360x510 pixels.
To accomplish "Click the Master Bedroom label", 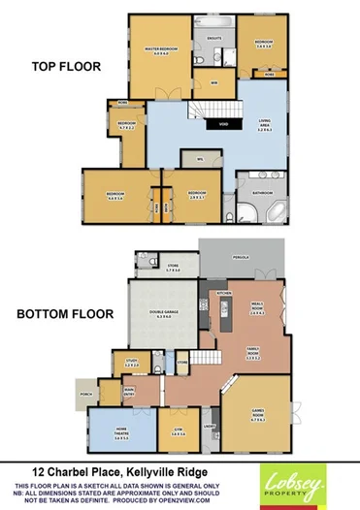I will coord(159,50).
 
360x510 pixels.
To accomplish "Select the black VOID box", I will coord(223,124).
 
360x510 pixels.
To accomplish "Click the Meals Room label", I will coord(257,310).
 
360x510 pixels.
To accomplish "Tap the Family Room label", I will coord(252,355).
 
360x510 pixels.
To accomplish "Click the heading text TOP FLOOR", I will coord(60,67).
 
